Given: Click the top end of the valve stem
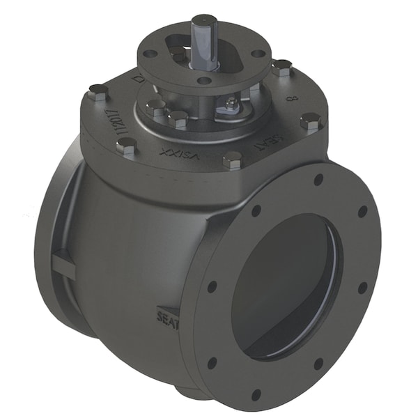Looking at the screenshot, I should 203,20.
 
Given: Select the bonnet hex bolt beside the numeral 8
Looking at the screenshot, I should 310,123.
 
